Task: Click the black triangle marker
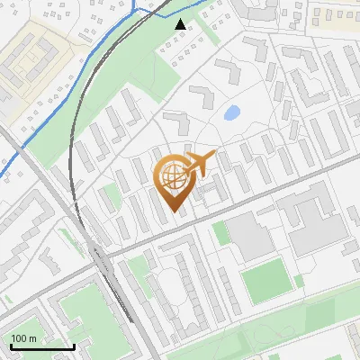click(x=181, y=24)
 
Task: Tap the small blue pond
click(x=231, y=113)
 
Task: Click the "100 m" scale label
click(x=25, y=337)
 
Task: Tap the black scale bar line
click(x=42, y=346)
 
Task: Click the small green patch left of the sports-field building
click(x=220, y=234)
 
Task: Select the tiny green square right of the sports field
click(x=301, y=282)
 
